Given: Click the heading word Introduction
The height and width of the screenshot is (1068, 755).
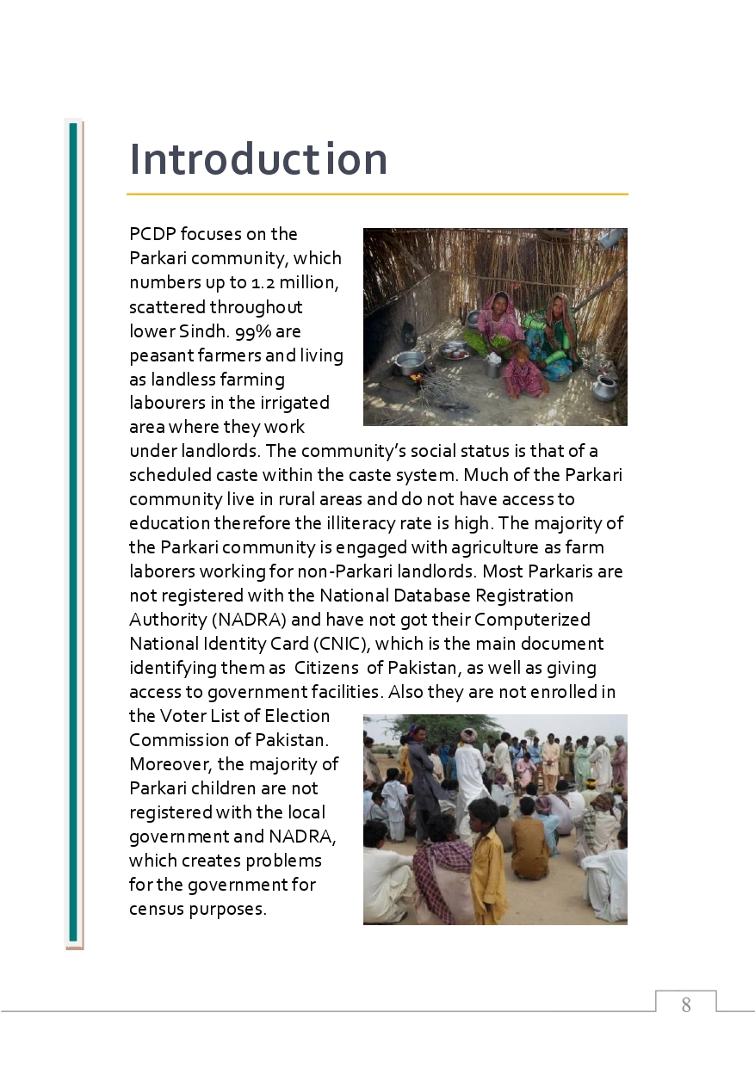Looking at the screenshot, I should (258, 160).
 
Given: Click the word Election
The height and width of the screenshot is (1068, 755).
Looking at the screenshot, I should (297, 716).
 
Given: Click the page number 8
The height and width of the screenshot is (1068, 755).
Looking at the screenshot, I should (686, 1004).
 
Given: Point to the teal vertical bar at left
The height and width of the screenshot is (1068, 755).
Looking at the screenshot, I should (73, 534).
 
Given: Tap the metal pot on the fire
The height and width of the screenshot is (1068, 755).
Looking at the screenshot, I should (409, 361).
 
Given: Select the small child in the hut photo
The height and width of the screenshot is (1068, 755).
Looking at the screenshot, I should (523, 372).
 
